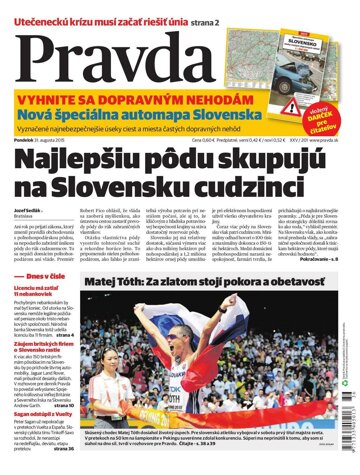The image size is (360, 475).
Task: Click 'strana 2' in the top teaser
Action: [x=199, y=9]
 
